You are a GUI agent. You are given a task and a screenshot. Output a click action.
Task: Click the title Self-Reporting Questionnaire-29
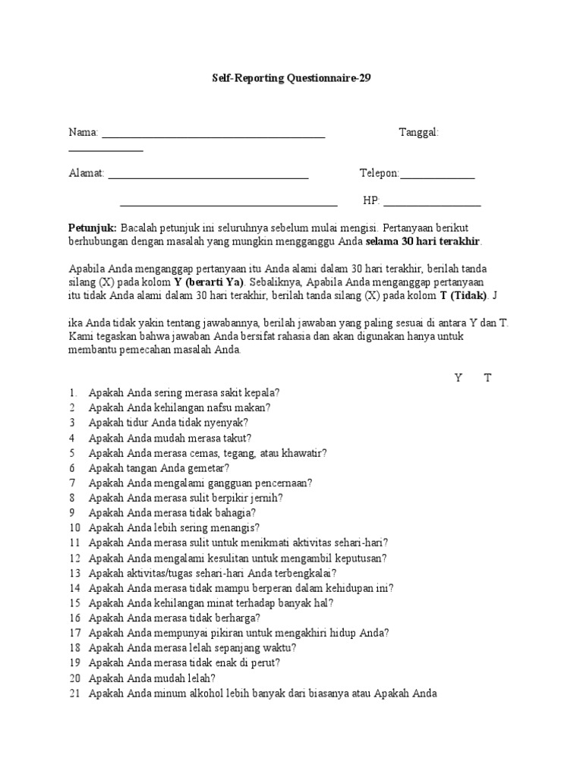(291, 78)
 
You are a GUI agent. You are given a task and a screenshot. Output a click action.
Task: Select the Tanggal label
(418, 133)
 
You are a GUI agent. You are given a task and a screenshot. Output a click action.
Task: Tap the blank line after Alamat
(208, 178)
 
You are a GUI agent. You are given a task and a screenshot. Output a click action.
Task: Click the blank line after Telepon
(437, 178)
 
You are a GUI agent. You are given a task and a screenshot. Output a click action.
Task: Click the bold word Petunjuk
(93, 228)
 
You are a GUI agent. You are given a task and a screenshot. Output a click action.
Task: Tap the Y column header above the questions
(459, 378)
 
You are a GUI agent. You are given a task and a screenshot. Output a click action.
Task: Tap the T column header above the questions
(488, 378)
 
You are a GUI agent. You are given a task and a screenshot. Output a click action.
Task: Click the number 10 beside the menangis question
(74, 527)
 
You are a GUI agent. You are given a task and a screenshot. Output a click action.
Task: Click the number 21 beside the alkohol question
(74, 693)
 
